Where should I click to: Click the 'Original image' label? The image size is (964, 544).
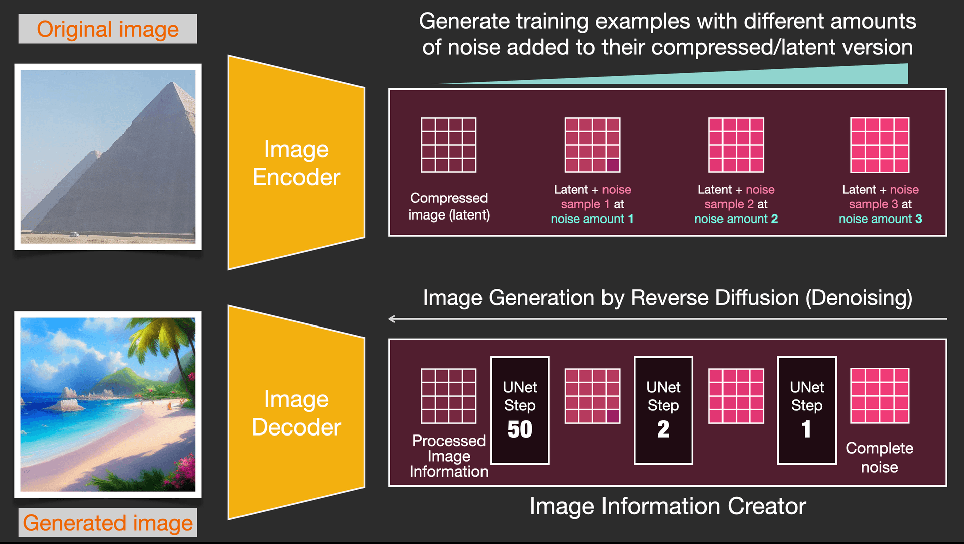coord(107,29)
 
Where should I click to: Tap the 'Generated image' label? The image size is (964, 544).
coord(107,523)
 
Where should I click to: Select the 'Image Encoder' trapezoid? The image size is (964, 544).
coord(296,163)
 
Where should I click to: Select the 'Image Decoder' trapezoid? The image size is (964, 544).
coord(296,413)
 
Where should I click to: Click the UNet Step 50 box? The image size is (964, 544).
coord(520,410)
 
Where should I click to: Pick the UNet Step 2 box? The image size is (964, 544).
coord(663,410)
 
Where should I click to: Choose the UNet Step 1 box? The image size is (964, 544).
coord(806,410)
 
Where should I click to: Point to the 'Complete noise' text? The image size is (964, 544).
coord(879,457)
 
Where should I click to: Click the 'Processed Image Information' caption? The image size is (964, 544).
coord(448,456)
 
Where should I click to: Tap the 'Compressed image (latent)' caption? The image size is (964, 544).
coord(448,206)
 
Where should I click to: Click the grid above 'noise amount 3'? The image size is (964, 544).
coord(880,145)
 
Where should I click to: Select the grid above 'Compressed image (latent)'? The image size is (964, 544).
coord(448,145)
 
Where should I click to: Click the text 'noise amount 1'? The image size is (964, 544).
coord(592,219)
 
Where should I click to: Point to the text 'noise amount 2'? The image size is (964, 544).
coord(736,219)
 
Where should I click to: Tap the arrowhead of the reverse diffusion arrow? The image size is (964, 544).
coord(392,319)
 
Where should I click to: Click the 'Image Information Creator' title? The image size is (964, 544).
coord(667,506)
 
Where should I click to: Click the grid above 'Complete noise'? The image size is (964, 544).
coord(880,396)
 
